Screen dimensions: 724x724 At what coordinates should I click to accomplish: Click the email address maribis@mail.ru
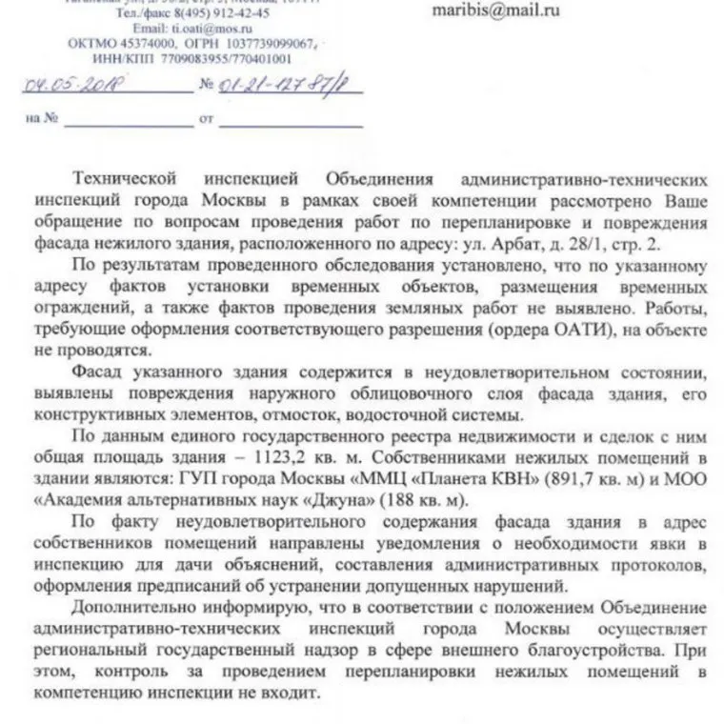[x=495, y=11]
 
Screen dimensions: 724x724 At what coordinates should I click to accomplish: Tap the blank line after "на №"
[x=120, y=122]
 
